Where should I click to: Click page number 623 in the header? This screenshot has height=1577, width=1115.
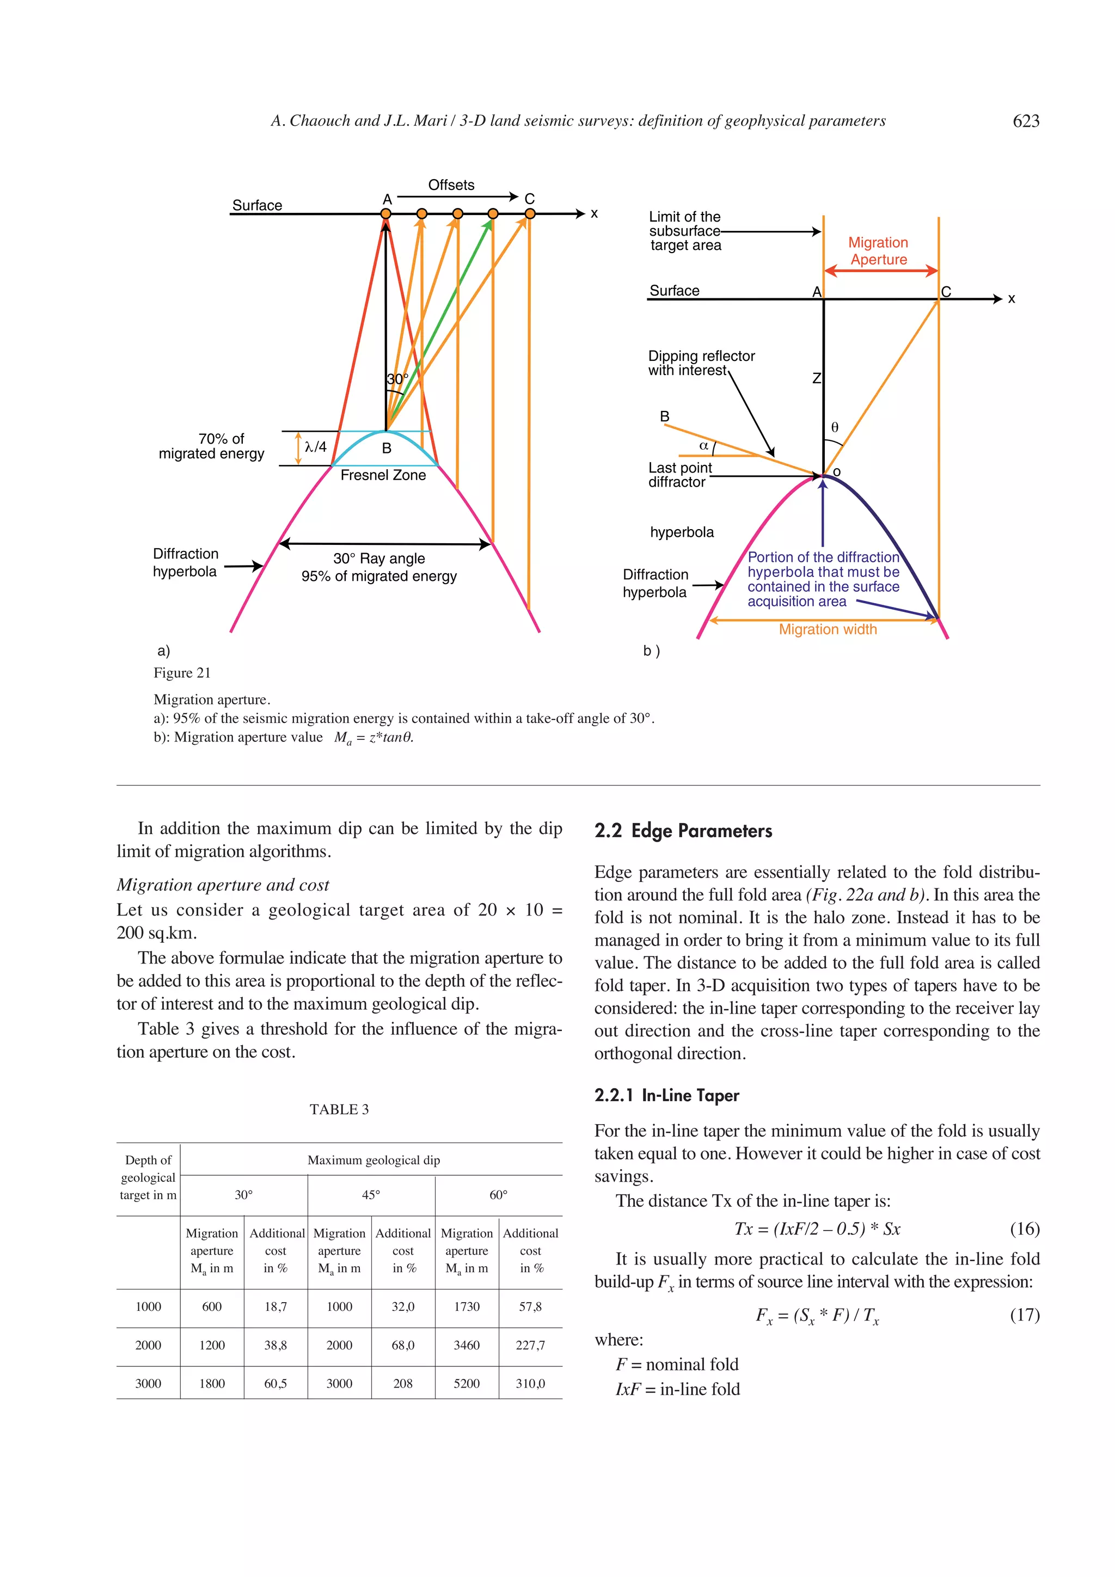click(1026, 121)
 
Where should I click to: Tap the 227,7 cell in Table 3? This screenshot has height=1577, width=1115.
click(530, 1345)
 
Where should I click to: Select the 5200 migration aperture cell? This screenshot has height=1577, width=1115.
click(467, 1383)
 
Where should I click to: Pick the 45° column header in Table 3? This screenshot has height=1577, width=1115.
click(371, 1195)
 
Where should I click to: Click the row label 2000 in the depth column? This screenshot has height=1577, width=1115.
click(148, 1345)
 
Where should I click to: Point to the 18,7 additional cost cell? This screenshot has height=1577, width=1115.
click(275, 1306)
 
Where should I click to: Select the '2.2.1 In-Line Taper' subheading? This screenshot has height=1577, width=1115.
click(666, 1096)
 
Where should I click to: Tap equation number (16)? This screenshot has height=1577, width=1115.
click(1024, 1229)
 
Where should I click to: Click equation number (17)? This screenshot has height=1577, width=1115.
click(1024, 1315)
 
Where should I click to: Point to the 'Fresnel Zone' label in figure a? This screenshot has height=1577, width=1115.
click(383, 475)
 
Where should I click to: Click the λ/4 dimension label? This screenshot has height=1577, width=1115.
click(315, 447)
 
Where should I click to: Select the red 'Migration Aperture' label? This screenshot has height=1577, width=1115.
click(878, 251)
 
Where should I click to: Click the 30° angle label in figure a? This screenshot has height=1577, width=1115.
click(397, 379)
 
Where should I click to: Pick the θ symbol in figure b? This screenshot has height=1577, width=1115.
click(835, 427)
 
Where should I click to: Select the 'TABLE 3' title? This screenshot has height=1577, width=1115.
click(339, 1109)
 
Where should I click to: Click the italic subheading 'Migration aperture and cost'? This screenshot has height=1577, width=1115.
click(223, 885)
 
